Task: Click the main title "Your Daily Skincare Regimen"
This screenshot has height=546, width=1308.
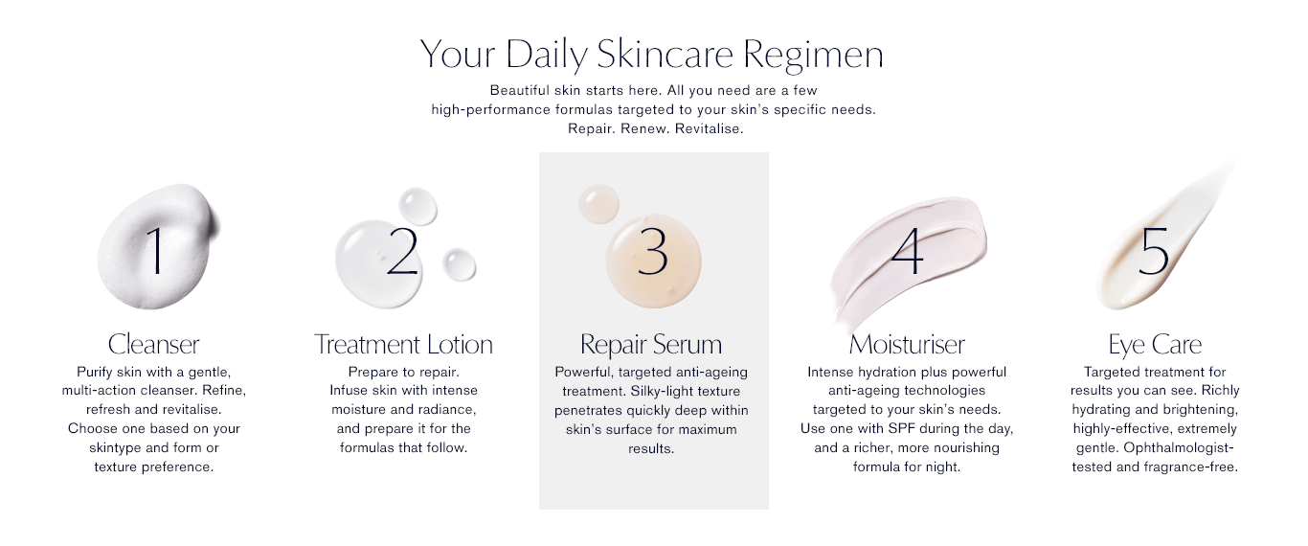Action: pyautogui.click(x=652, y=55)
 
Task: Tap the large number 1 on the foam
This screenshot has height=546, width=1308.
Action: pyautogui.click(x=155, y=250)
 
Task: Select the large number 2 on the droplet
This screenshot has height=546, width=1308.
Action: pyautogui.click(x=402, y=250)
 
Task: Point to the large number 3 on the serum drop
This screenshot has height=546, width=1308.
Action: pyautogui.click(x=652, y=251)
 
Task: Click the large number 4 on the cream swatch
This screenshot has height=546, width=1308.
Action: pyautogui.click(x=908, y=250)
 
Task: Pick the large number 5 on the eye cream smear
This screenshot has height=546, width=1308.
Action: pyautogui.click(x=1154, y=251)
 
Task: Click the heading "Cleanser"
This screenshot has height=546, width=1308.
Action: pyautogui.click(x=153, y=344)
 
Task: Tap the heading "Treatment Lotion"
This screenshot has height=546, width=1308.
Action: pyautogui.click(x=403, y=344)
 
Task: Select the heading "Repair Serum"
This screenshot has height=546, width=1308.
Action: pyautogui.click(x=651, y=345)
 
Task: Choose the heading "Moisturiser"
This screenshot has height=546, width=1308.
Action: pyautogui.click(x=907, y=344)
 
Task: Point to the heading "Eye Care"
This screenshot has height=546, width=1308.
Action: pyautogui.click(x=1155, y=345)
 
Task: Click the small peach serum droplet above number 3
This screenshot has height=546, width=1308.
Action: pyautogui.click(x=598, y=204)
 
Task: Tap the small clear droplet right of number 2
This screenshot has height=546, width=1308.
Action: pyautogui.click(x=459, y=264)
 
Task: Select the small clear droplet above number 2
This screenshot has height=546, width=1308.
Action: pyautogui.click(x=417, y=206)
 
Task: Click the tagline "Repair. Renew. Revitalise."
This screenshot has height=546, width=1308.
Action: pyautogui.click(x=656, y=128)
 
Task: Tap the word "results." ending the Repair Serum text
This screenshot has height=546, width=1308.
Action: pyautogui.click(x=651, y=448)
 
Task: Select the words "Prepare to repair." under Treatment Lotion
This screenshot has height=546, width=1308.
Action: pyautogui.click(x=403, y=372)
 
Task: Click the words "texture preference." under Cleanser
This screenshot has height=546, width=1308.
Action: pyautogui.click(x=153, y=467)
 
